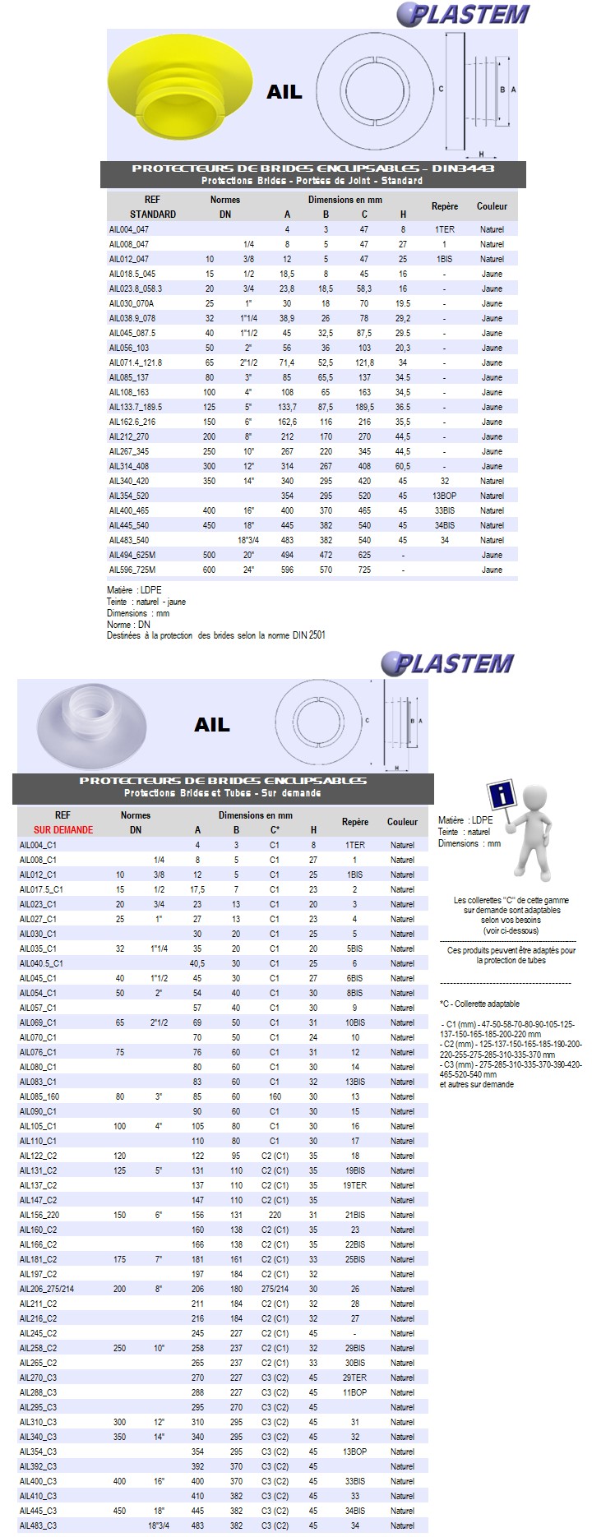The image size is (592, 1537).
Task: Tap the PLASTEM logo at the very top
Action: (x=464, y=14)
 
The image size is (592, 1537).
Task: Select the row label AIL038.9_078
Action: (x=132, y=318)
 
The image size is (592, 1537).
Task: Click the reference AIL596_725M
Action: (x=132, y=570)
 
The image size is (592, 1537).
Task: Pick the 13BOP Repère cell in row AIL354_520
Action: (x=444, y=496)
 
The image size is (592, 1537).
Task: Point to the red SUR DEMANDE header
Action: (x=63, y=830)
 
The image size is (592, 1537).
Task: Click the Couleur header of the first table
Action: (x=492, y=206)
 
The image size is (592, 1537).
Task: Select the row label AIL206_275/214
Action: (x=47, y=1289)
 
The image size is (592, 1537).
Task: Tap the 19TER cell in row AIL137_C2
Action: (x=355, y=1185)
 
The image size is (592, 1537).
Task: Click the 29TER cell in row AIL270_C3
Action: (x=355, y=1378)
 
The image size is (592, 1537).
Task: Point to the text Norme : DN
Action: (x=129, y=625)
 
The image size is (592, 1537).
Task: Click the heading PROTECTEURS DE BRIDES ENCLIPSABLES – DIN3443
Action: (x=313, y=168)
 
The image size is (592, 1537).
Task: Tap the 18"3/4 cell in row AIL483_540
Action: (x=247, y=540)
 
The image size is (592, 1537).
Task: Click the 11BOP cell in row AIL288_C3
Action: (x=355, y=1392)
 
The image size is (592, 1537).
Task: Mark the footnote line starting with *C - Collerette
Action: (x=479, y=1004)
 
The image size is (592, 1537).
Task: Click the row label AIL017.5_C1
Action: (x=41, y=889)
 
